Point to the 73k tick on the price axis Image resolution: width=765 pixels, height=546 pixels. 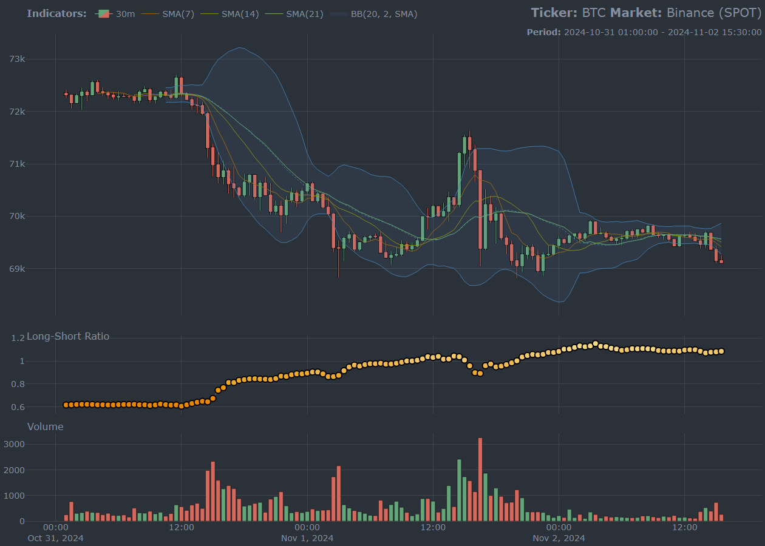tap(17, 59)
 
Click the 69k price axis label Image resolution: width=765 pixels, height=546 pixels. tap(17, 268)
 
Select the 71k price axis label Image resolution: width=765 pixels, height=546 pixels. tap(17, 164)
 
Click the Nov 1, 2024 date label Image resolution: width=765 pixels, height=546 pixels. tap(307, 538)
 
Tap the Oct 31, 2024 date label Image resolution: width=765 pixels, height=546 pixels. tap(56, 538)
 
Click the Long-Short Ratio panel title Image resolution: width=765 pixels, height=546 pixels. tap(68, 336)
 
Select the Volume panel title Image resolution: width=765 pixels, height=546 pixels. tap(46, 426)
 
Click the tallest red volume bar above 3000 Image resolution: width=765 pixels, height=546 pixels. tap(480, 479)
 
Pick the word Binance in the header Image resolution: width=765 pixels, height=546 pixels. tap(690, 13)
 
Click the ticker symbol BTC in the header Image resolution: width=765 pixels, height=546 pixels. tap(594, 13)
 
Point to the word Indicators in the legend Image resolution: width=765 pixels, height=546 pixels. tap(56, 13)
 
